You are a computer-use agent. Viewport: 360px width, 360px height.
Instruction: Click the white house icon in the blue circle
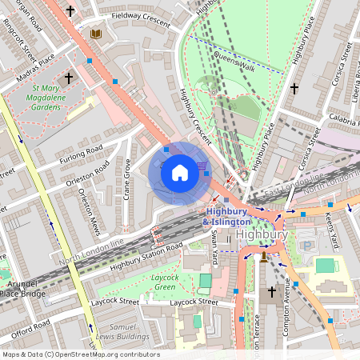[x=180, y=172]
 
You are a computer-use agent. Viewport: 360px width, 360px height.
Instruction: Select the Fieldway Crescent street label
[x=141, y=20]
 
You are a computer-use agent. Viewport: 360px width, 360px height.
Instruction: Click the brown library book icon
[x=97, y=34]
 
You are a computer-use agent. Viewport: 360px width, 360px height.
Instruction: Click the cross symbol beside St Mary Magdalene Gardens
[x=69, y=78]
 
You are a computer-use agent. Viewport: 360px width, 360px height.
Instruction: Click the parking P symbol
[x=306, y=246]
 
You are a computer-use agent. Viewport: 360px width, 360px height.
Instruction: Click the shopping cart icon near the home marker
[x=202, y=166]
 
